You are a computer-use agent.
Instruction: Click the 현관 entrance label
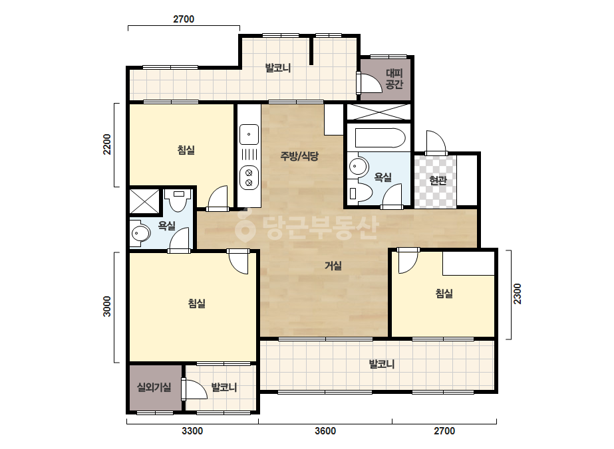coord(438,180)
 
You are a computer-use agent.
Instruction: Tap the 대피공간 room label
coord(394,78)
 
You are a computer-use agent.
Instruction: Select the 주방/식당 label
coord(299,156)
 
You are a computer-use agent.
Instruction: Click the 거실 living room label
coord(333,266)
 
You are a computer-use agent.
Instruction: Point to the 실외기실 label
coord(154,387)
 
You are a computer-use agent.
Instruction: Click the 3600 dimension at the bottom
coord(325,430)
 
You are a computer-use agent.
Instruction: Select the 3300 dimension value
coord(192,430)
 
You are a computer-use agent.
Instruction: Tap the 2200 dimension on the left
coord(107,144)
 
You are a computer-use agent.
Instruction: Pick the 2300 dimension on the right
coord(518,294)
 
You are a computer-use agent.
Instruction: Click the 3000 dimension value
coord(107,306)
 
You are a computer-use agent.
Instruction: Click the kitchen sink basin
coord(249,135)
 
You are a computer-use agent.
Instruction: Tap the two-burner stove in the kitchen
coord(249,177)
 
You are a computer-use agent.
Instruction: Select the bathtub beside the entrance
coord(379,138)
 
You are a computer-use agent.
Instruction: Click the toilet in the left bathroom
coord(178,200)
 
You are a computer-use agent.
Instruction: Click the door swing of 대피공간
coord(371,82)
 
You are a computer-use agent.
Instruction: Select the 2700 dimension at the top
coord(184,19)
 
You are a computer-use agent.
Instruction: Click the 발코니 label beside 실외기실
coord(224,387)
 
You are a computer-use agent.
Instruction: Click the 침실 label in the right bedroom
coord(444,294)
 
